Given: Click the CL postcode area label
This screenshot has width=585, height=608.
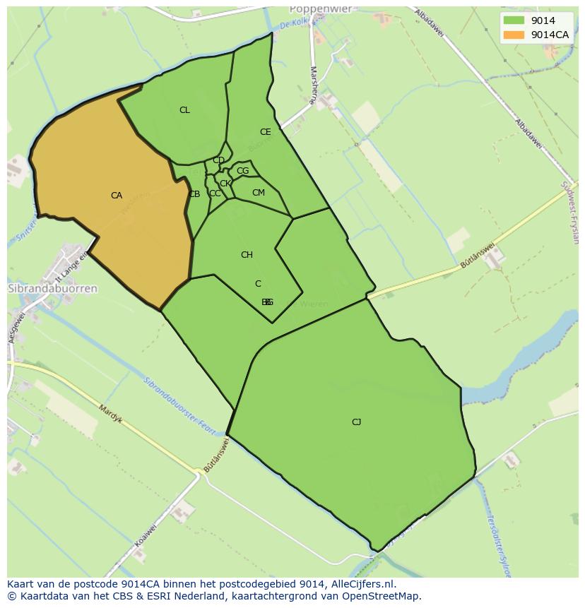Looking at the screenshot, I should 184,110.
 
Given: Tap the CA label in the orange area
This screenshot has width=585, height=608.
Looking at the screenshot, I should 117,196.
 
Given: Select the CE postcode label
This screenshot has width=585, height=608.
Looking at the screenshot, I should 265,132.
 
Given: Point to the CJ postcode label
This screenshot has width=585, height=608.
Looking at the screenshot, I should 356,422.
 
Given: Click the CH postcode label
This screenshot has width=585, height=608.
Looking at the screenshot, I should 247,255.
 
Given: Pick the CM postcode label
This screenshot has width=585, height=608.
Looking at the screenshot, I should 258,193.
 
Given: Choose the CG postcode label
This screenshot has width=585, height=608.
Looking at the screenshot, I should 242,171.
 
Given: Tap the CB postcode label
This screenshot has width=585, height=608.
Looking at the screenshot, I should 194,194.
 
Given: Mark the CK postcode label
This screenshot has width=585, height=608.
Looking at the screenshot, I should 225,184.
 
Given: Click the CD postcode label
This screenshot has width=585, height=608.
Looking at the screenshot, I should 218,160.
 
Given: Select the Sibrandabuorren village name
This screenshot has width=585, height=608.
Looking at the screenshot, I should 52,289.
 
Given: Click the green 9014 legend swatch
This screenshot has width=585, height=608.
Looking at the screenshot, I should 514,20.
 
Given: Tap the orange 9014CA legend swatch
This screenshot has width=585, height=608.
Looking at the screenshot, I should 514,35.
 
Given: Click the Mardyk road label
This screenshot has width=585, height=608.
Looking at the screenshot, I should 111,414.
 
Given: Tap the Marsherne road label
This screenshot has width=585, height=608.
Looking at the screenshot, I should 312,85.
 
